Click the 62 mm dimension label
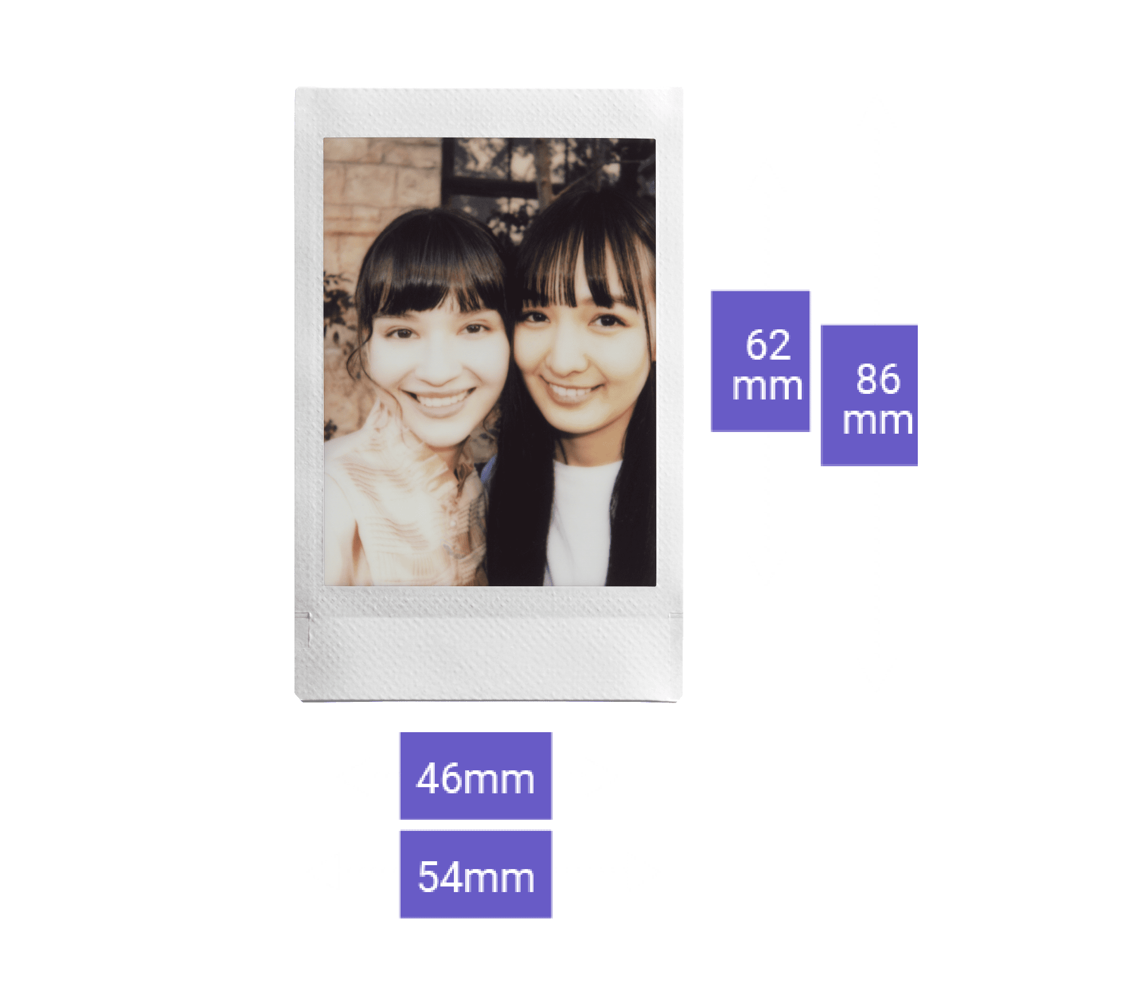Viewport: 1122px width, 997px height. (x=761, y=361)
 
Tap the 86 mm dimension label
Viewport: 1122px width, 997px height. (x=869, y=396)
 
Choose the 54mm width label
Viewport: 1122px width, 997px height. (x=475, y=874)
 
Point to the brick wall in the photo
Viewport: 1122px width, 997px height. (x=376, y=185)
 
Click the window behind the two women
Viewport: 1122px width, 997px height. (x=494, y=168)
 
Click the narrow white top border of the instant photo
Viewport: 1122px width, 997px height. (x=488, y=112)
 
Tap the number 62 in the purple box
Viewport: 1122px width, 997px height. (x=767, y=344)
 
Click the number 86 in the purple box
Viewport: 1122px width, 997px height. (x=877, y=379)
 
